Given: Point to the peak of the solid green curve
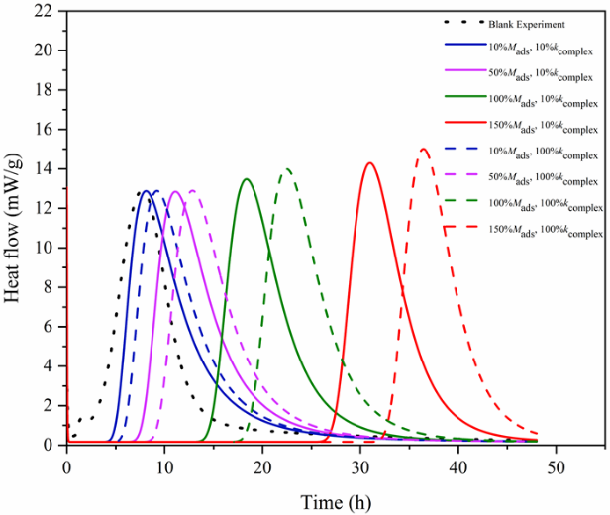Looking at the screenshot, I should (247, 179).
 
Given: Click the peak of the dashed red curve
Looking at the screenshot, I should (424, 150).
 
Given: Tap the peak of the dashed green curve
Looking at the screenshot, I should (287, 169).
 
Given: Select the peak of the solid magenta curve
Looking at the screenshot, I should (175, 191).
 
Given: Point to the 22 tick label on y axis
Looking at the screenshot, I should (43, 11).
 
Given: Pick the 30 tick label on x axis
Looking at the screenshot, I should (360, 465).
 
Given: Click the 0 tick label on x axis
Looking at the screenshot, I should (66, 465).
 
